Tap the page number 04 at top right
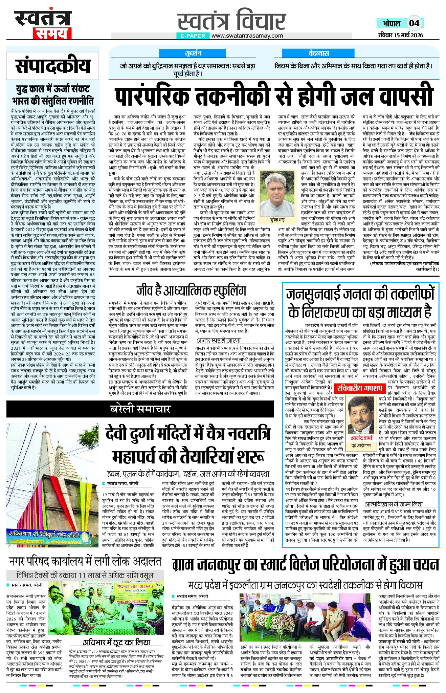pos(414,23)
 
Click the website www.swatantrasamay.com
pos(247,36)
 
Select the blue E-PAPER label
pos(193,36)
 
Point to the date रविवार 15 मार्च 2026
pos(401,35)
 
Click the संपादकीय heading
pos(53,66)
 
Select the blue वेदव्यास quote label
pos(319,53)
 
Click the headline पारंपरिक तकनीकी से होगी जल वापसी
pos(274,96)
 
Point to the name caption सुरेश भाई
pos(274,220)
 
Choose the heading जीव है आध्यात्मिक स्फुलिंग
pos(191,290)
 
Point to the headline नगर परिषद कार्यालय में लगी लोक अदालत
pos(85,562)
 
